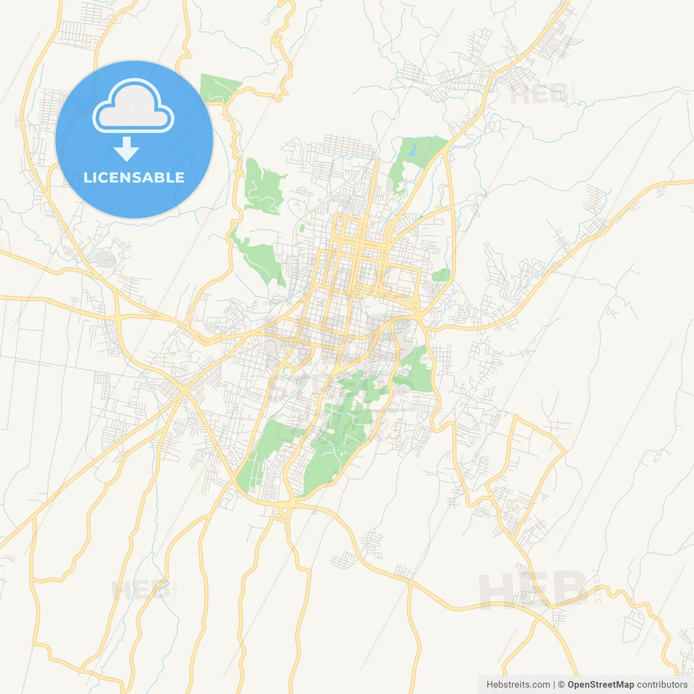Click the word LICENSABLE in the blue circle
point(134,177)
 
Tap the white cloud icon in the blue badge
point(133,106)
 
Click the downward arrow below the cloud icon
point(126,149)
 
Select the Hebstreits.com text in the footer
point(518,685)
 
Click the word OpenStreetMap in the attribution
point(600,685)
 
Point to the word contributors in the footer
point(662,685)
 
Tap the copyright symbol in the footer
point(561,685)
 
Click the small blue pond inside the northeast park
point(413,149)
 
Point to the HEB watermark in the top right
point(539,95)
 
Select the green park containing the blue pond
point(417,157)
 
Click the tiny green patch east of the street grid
point(441,275)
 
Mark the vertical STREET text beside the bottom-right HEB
point(597,586)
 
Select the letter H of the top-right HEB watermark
point(520,95)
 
